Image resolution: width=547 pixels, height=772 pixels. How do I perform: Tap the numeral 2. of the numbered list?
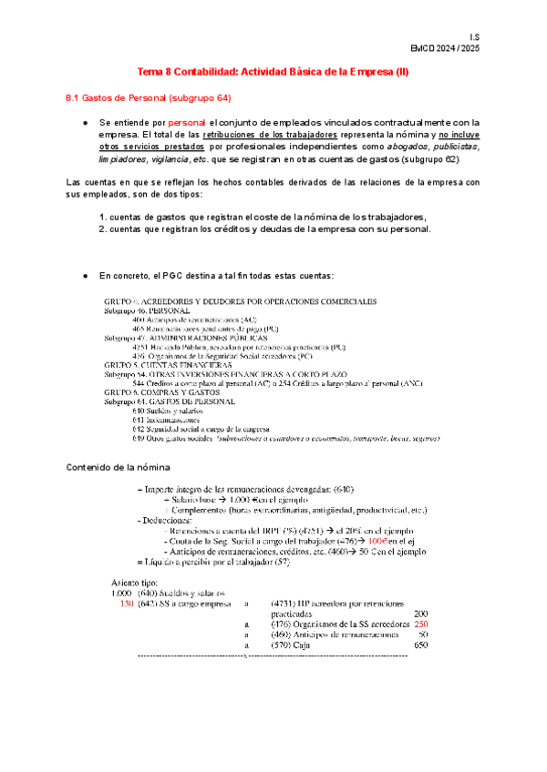(x=103, y=229)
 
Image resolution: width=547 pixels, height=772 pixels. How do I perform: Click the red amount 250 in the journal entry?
(x=420, y=624)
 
